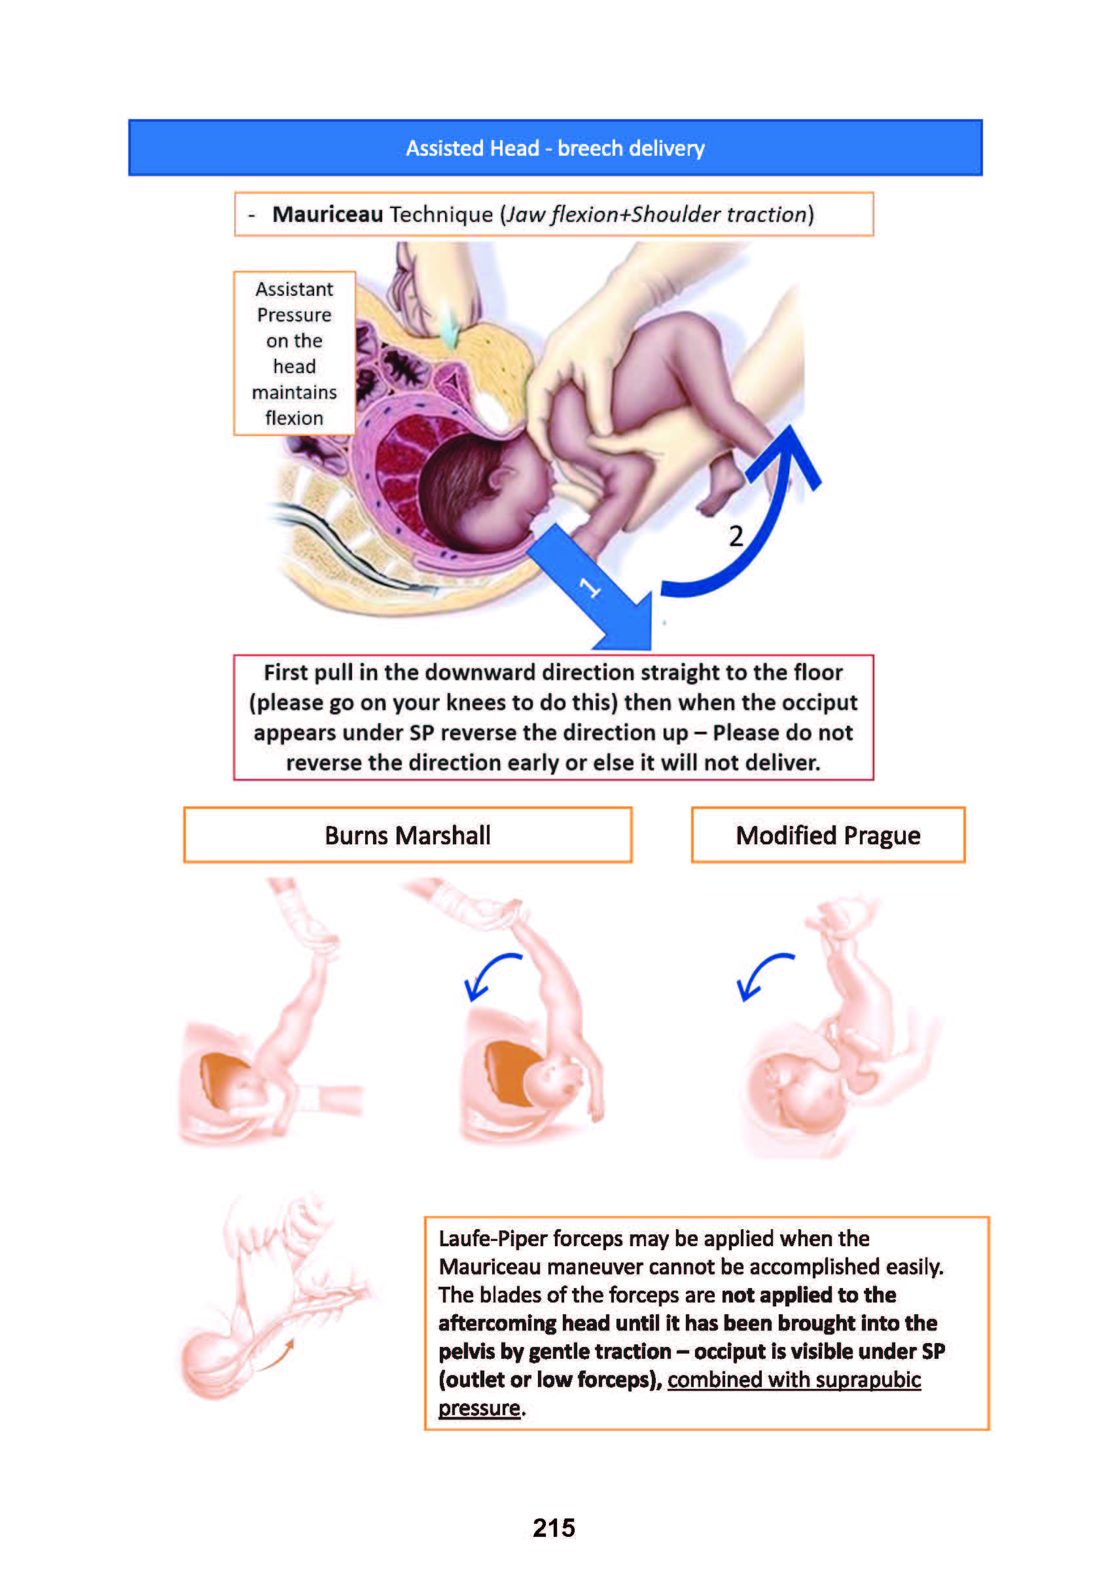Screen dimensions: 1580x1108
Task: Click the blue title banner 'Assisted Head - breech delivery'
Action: click(x=555, y=148)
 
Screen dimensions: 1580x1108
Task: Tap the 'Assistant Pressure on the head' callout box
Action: click(x=294, y=353)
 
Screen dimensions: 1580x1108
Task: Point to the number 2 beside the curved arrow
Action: click(x=736, y=536)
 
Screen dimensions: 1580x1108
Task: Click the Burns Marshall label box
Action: click(x=408, y=835)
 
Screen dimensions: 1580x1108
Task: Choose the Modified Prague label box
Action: click(x=828, y=835)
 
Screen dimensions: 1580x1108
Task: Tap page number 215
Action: click(x=554, y=1528)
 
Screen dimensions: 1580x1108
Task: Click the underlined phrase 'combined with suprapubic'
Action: click(x=793, y=1380)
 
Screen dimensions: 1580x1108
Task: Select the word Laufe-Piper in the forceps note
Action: click(x=493, y=1239)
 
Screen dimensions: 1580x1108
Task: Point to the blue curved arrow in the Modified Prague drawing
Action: click(x=762, y=976)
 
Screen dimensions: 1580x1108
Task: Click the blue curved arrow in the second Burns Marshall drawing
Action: click(x=490, y=976)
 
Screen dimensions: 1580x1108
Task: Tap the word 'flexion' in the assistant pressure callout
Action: click(x=294, y=418)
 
